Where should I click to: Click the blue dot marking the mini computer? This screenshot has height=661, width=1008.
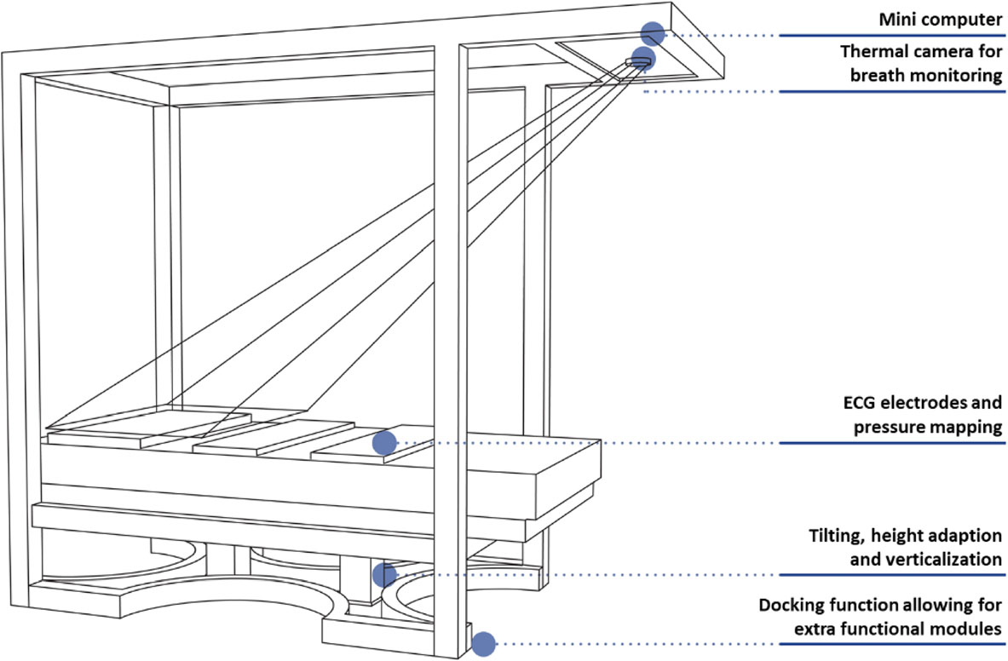point(653,34)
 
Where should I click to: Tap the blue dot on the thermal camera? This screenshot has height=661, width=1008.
point(643,59)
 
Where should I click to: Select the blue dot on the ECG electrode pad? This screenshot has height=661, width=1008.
point(384,443)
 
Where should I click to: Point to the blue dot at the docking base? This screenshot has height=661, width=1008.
point(484,644)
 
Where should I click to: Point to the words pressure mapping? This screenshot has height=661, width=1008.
point(927,428)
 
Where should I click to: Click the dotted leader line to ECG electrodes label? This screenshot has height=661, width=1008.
point(588,443)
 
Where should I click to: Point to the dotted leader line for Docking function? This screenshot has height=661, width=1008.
point(631,644)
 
